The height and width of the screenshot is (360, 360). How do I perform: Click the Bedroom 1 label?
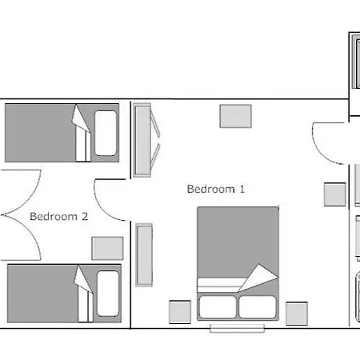point(216,189)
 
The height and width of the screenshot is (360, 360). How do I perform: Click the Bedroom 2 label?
point(58,216)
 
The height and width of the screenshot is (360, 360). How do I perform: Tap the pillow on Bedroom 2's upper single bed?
point(106,133)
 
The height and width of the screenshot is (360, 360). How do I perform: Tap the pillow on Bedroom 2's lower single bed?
point(108,294)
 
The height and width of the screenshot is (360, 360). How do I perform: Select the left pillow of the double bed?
point(218,306)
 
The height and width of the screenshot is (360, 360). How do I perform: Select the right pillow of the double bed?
point(258,306)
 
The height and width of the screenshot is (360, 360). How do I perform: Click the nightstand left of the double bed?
point(180,312)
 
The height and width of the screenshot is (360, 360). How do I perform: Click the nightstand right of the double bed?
point(297,314)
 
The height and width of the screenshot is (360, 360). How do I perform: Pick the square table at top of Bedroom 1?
point(236,116)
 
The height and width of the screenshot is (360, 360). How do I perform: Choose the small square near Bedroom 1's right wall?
point(335,194)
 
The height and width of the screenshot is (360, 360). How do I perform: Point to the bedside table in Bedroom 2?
point(107,248)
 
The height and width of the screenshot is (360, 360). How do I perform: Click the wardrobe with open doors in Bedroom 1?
point(146,140)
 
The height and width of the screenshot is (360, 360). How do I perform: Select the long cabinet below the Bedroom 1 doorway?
point(144,255)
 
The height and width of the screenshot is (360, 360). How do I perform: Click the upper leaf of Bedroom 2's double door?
point(31,194)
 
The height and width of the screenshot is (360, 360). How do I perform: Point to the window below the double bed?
point(238,328)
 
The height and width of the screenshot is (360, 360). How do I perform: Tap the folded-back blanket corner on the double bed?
point(258,278)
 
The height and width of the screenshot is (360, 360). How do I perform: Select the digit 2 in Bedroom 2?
point(85,216)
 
